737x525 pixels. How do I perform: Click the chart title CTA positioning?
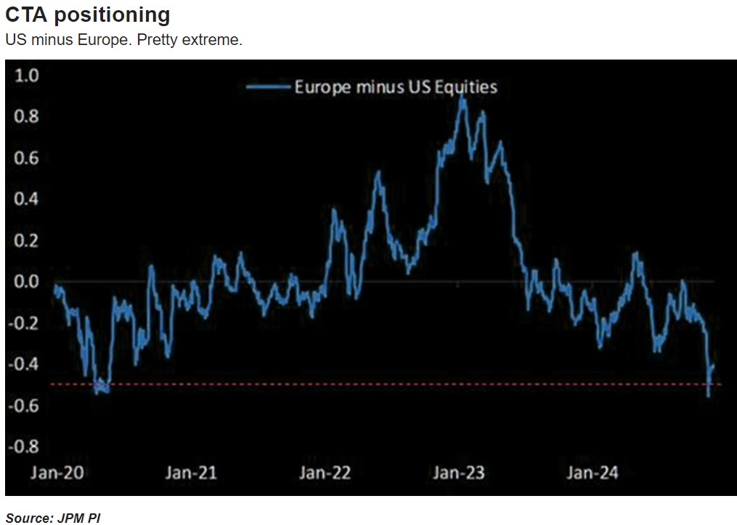click(88, 15)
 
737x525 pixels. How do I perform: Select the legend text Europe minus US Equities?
click(396, 87)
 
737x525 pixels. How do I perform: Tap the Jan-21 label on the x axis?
click(191, 473)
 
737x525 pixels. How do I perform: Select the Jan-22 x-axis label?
click(325, 473)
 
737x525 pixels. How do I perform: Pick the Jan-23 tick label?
click(459, 473)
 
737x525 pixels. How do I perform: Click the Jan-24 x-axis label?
click(593, 473)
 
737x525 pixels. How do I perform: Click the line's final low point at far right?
click(708, 396)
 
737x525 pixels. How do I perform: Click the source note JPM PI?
click(53, 518)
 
